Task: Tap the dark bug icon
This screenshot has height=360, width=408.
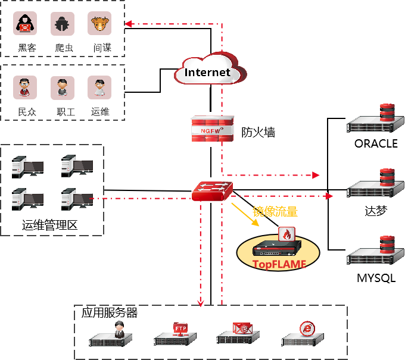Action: (x=63, y=24)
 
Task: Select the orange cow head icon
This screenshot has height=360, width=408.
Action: (x=99, y=24)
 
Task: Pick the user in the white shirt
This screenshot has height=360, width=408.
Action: (x=99, y=87)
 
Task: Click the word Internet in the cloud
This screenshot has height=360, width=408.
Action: (x=207, y=73)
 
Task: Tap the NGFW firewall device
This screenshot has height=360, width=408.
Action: (x=212, y=129)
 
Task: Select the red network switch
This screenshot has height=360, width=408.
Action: (x=212, y=190)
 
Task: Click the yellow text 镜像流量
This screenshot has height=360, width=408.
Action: (x=275, y=211)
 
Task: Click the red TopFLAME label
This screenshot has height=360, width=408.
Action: (x=279, y=264)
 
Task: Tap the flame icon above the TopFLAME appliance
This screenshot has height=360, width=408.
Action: (x=287, y=235)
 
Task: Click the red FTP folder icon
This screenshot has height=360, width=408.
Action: (x=180, y=328)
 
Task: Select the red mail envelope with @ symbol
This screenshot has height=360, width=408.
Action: (x=242, y=328)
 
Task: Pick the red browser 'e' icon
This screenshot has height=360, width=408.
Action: (x=307, y=328)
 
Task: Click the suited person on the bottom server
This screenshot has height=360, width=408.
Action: (x=119, y=329)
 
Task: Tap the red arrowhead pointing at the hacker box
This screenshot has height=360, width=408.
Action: (x=127, y=24)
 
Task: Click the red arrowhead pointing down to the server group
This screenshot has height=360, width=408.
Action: (x=201, y=303)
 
